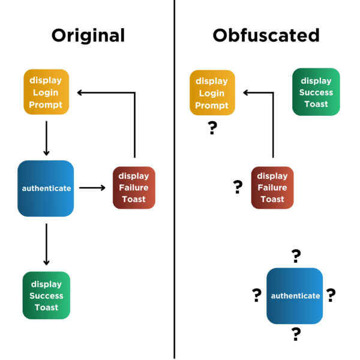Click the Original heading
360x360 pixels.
point(88,35)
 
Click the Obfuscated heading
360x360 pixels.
point(266,35)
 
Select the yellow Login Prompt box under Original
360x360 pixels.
point(46,92)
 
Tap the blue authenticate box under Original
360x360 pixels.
point(46,188)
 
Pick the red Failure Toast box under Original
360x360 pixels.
point(134,188)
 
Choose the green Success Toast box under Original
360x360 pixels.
point(46,295)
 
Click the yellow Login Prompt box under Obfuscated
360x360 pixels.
point(212,92)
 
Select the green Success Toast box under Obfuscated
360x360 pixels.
point(316,92)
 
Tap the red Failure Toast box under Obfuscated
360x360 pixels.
point(272,188)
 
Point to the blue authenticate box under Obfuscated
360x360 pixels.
point(295,296)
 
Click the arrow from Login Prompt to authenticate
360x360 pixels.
point(46,138)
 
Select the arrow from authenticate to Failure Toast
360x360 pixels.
point(92,188)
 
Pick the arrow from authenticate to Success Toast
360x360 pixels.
point(46,244)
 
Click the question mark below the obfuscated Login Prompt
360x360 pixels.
point(212,128)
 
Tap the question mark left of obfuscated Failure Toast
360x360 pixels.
point(238,187)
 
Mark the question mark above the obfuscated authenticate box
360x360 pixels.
point(296,256)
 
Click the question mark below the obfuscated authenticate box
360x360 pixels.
point(296,334)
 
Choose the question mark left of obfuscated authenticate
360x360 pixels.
point(257,295)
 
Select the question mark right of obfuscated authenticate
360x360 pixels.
point(331,295)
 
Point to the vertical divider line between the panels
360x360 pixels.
point(175,180)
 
